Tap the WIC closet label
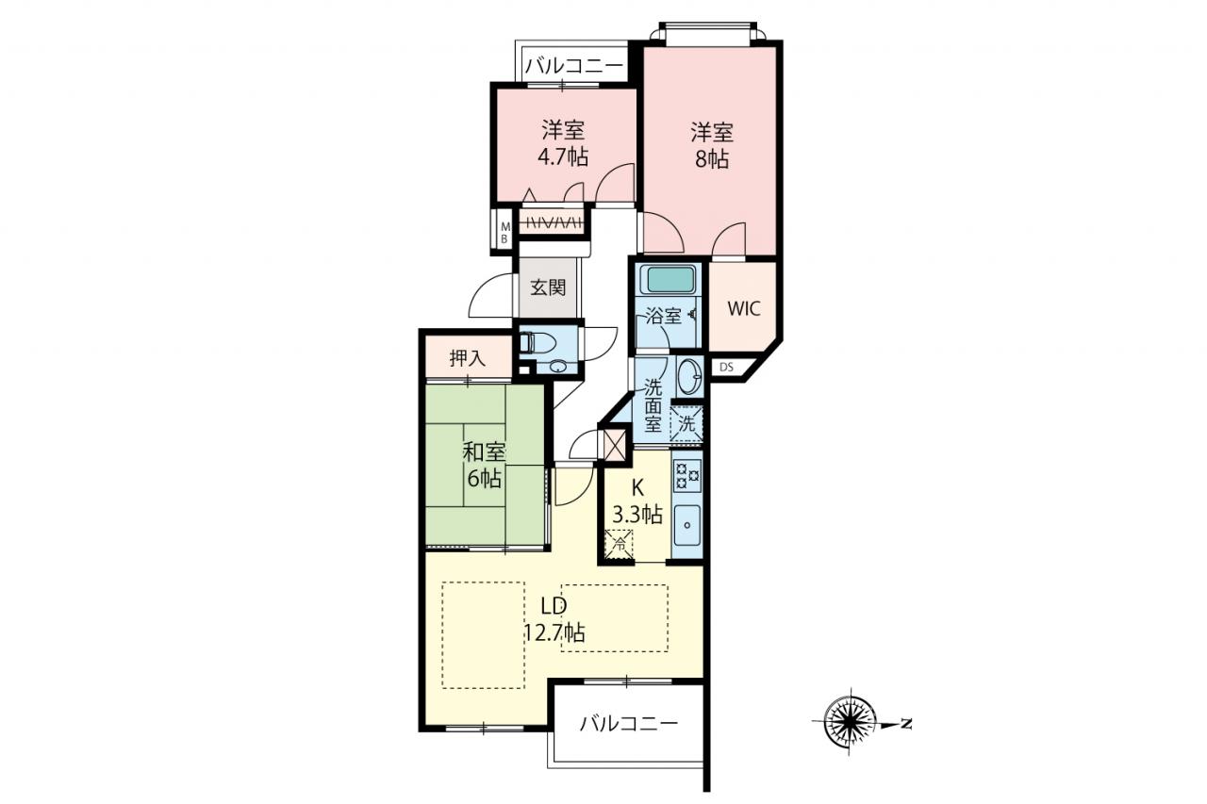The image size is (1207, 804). point(744,308)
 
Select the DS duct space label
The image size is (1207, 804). point(726,368)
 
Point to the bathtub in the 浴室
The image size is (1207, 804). point(670,280)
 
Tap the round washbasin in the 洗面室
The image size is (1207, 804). point(689,375)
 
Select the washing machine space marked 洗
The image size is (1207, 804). point(686,424)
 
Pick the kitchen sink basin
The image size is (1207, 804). point(687,524)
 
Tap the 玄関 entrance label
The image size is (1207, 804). point(548,288)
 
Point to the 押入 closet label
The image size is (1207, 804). point(468,358)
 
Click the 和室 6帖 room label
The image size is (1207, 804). point(485,466)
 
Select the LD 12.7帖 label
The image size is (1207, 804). point(554,619)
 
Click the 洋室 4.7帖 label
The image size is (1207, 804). point(563,144)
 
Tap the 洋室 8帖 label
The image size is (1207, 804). point(712,146)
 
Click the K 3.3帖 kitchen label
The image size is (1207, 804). point(637,501)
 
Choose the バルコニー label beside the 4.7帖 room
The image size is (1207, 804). point(574,67)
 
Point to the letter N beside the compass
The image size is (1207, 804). point(907,723)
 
